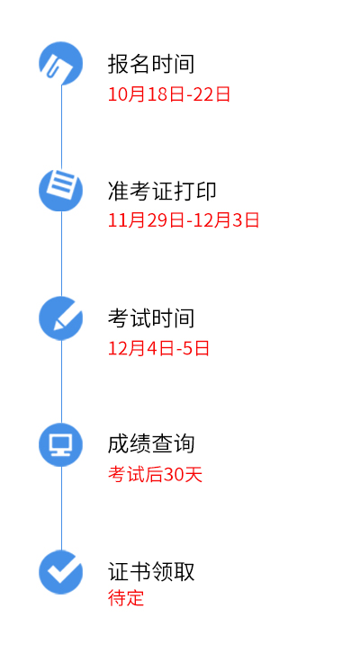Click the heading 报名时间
[151, 64]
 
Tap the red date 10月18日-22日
[169, 94]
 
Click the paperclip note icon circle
[61, 63]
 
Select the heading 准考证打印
[162, 192]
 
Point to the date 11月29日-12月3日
[184, 219]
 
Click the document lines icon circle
[61, 190]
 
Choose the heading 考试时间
[151, 318]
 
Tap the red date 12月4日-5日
[158, 348]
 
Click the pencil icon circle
[61, 318]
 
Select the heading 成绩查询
[151, 444]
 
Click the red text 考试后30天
[155, 474]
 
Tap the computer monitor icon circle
[61, 444]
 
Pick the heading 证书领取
[151, 571]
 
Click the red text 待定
[126, 597]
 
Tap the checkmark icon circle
[61, 572]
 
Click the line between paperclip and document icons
[62, 127]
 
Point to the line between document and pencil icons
[62, 254]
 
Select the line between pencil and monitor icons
[62, 381]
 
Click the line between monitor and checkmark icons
[62, 508]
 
